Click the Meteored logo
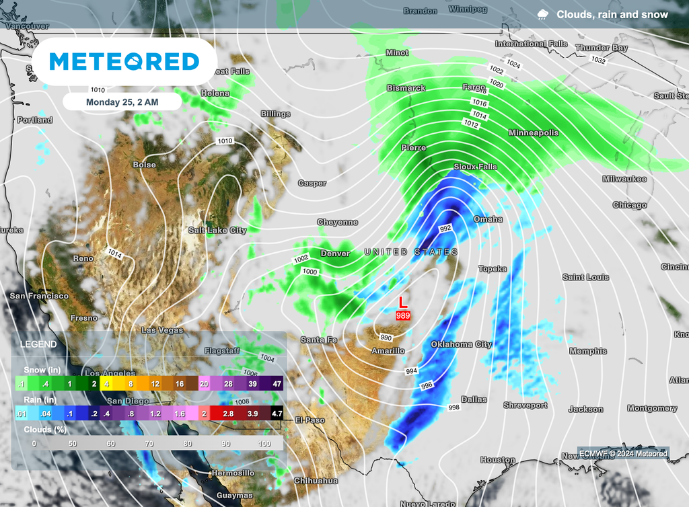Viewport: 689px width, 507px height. tap(124, 62)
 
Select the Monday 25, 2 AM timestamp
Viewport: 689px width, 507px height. tap(122, 102)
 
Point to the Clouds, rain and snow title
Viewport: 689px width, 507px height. tap(612, 14)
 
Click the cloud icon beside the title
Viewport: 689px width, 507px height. tap(542, 14)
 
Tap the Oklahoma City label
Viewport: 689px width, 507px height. tap(461, 344)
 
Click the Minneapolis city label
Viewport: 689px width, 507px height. tap(534, 132)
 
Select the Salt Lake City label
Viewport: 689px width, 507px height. tap(217, 230)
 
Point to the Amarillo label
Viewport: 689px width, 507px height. tap(388, 350)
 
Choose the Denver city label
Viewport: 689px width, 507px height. tap(335, 253)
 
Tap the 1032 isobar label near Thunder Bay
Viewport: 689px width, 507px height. tap(598, 61)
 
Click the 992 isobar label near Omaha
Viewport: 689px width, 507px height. tap(445, 229)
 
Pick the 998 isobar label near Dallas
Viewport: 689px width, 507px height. tap(454, 408)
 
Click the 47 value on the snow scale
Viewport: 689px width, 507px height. tap(276, 383)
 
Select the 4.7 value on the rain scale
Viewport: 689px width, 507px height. tap(276, 414)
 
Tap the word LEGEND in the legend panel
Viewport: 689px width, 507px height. tap(38, 344)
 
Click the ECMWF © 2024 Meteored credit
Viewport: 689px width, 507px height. tap(622, 453)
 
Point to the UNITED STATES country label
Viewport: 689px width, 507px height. tap(410, 251)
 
